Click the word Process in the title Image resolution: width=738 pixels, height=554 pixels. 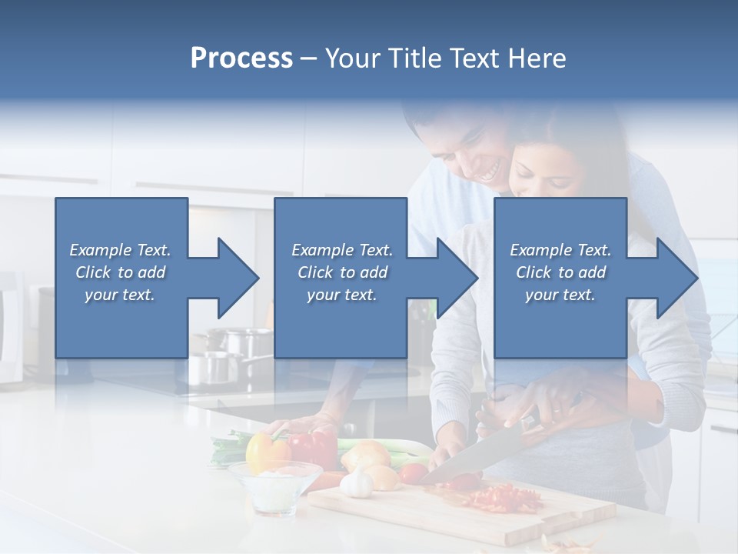[241, 58]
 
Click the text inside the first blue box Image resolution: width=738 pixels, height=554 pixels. [120, 272]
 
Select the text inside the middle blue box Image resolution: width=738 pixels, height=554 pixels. [341, 272]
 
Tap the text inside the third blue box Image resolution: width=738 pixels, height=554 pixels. [560, 272]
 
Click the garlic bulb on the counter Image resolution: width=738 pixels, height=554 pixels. [357, 484]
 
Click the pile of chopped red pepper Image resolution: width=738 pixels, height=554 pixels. [504, 499]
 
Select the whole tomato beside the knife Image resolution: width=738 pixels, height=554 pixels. [414, 473]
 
